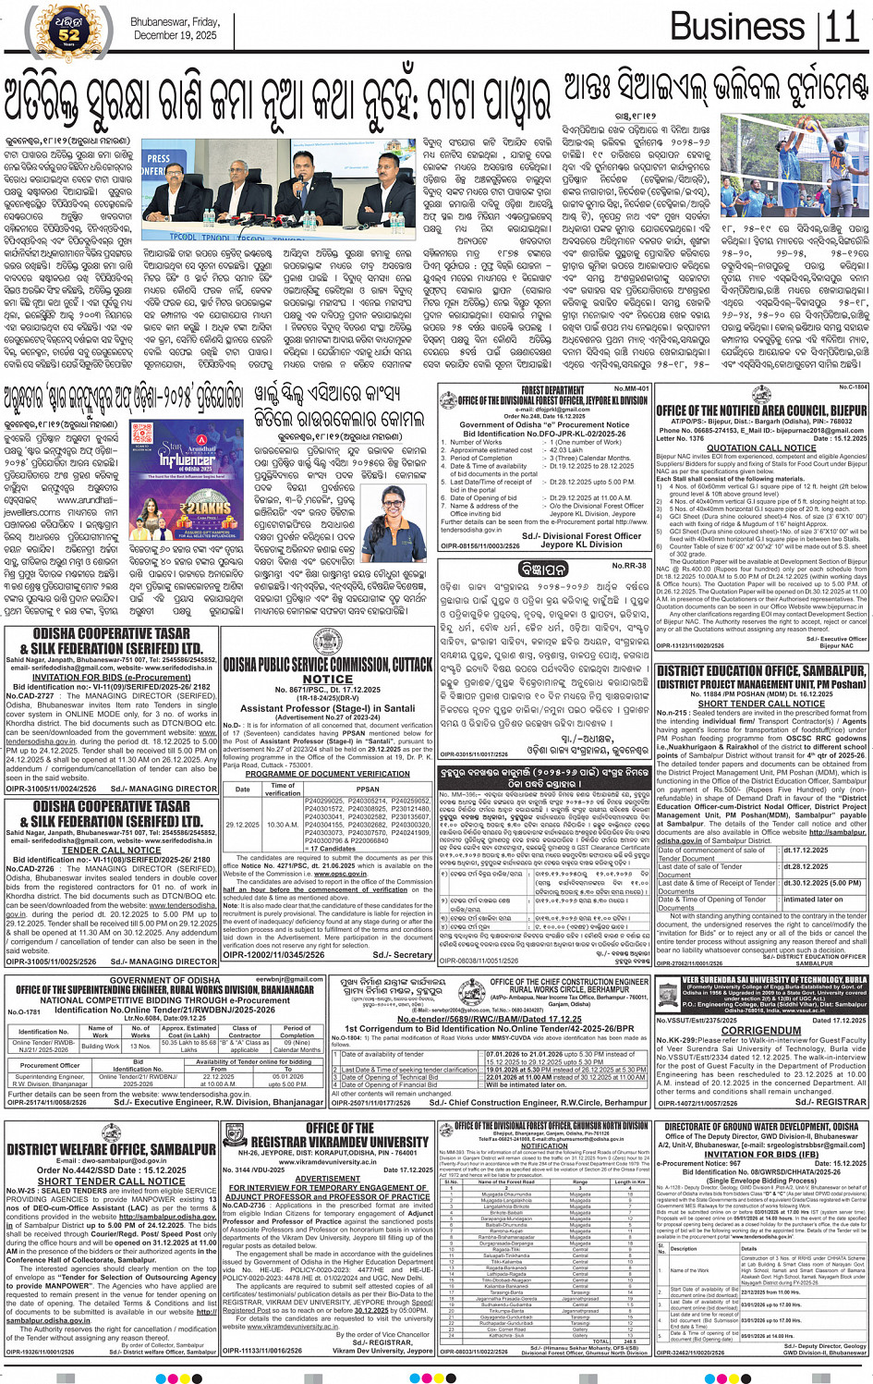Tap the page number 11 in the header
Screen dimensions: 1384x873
point(842,28)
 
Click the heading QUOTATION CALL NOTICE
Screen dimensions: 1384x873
point(761,448)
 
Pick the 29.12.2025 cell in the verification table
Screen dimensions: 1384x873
point(242,825)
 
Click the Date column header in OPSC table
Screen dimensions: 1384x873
point(242,790)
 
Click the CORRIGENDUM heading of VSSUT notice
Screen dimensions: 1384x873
point(761,1030)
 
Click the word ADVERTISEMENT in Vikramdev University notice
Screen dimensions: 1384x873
point(327,1179)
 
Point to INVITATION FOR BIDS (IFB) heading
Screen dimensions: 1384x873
point(761,1154)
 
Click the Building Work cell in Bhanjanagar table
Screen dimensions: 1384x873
point(100,1047)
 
